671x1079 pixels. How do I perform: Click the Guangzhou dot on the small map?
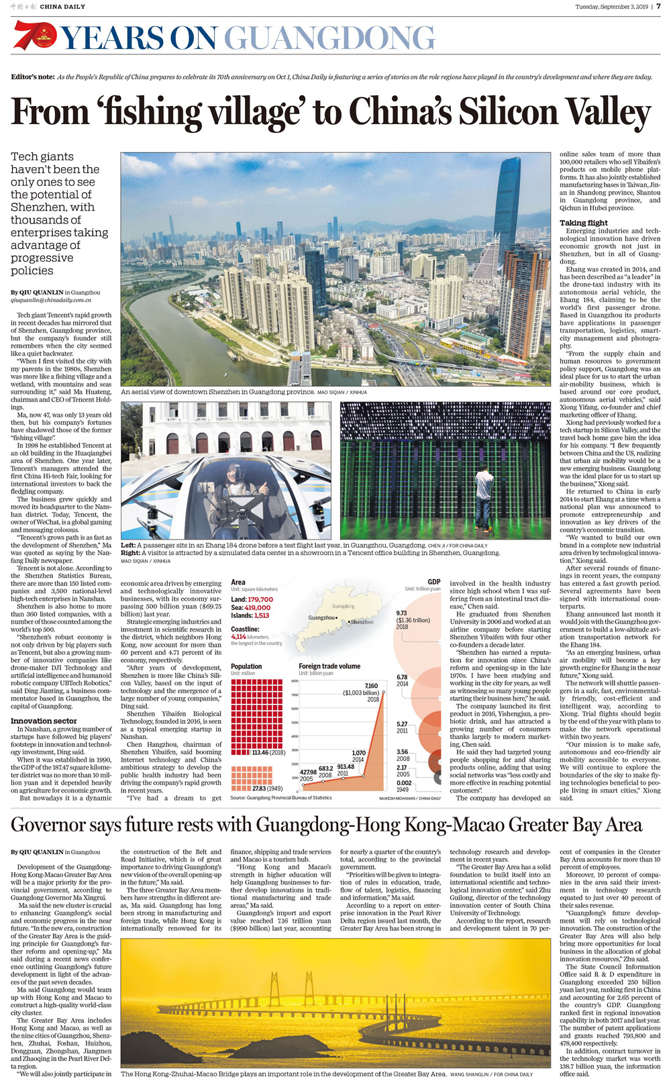[x=337, y=618]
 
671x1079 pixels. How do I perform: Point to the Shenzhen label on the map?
[x=362, y=622]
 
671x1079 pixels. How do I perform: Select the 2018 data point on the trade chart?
[x=383, y=692]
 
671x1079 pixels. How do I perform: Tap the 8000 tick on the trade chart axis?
[x=294, y=681]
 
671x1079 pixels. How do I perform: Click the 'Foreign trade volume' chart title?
[x=329, y=666]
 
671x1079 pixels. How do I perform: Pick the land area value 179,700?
[x=260, y=599]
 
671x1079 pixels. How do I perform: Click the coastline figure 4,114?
[x=239, y=636]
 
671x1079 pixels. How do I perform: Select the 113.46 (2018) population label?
[x=269, y=753]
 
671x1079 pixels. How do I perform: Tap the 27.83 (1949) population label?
[x=268, y=788]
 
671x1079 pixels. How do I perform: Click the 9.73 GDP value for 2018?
[x=402, y=613]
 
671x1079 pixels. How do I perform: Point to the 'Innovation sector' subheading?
[x=44, y=721]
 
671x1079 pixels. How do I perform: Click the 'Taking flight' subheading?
[x=584, y=223]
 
